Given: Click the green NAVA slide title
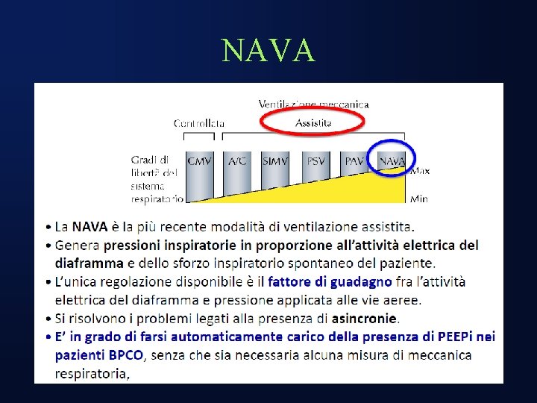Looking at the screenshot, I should pos(268,51).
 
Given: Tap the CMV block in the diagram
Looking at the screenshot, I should pos(199,160).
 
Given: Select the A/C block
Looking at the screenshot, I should pos(237,160).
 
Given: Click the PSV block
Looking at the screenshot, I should pos(315,160).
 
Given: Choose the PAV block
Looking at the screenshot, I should pos(354,160).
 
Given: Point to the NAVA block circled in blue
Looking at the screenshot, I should pos(392,160).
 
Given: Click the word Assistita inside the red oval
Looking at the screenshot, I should pos(313,122).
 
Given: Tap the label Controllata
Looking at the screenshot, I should pos(199,123).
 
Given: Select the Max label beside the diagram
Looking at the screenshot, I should pos(420,171).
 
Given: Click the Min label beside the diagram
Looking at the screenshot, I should pos(419,199).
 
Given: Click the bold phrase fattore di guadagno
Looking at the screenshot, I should pos(330,282).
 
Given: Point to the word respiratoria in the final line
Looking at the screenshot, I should pos(90,374).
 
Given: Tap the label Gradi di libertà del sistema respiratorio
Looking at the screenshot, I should pos(156,179).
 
